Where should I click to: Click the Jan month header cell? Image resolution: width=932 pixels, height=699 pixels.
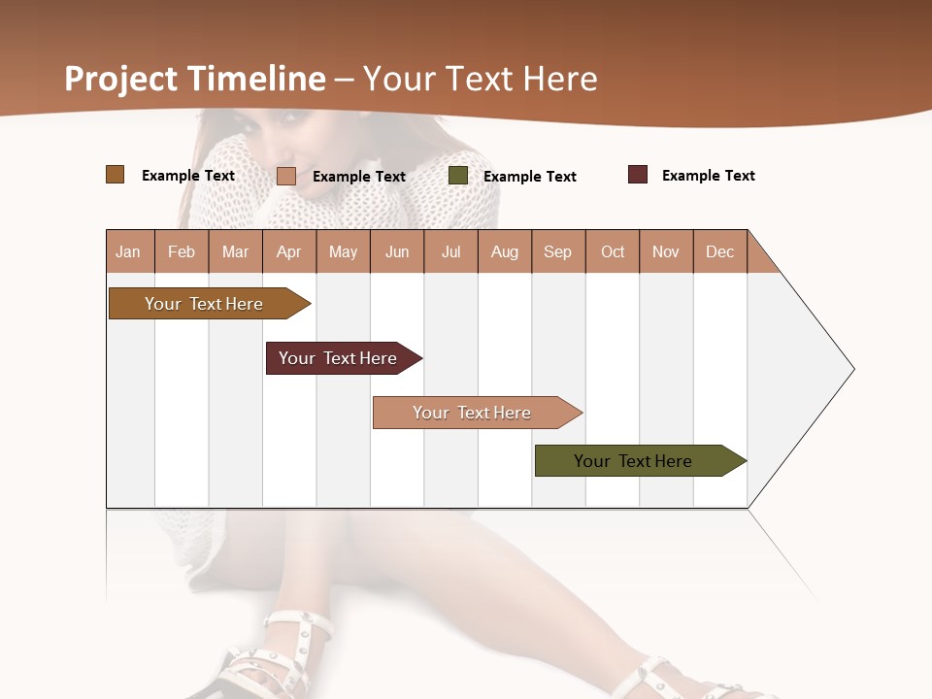129,251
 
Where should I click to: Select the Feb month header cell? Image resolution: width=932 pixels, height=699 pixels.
182,251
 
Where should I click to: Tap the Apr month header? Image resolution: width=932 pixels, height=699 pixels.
289,251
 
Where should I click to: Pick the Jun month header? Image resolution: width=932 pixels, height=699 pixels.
397,251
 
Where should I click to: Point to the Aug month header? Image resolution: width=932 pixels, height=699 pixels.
505,251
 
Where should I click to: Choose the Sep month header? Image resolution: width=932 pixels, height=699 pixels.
558,251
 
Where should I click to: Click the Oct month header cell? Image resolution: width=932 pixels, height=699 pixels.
613,251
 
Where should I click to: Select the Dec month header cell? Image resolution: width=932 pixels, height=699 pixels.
720,251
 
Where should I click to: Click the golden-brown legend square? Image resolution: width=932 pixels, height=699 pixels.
115,175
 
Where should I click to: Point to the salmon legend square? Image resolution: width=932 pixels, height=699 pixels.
286,176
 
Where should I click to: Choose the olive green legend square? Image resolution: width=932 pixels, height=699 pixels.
458,176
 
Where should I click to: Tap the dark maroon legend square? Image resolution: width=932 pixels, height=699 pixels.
638,175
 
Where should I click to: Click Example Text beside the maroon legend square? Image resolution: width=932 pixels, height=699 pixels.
708,176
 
